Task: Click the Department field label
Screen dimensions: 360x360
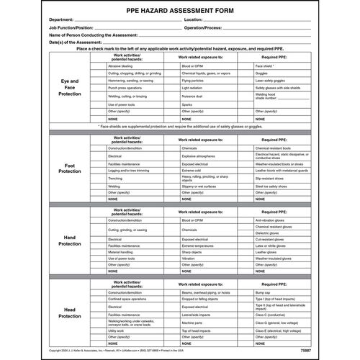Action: click(65, 20)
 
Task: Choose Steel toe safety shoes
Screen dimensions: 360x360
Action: click(272, 185)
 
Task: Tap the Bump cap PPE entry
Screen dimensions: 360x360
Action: click(262, 293)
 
